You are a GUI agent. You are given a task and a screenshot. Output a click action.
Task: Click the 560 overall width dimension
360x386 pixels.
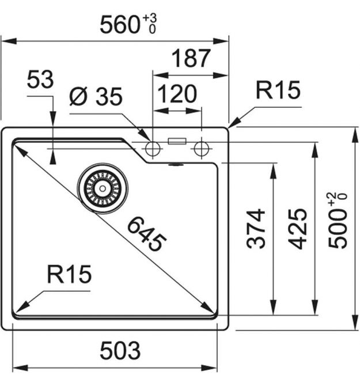pyautogui.click(x=119, y=25)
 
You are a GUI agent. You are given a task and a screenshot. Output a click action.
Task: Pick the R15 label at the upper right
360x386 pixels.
pyautogui.click(x=278, y=90)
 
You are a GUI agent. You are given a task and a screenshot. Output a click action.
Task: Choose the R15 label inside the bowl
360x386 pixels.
pyautogui.click(x=69, y=276)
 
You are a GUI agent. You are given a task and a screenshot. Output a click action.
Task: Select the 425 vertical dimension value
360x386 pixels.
pyautogui.click(x=297, y=229)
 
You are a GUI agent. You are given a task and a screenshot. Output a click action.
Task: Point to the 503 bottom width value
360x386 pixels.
pyautogui.click(x=120, y=349)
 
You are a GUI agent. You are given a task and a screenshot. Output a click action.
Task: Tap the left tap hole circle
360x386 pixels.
pyautogui.click(x=153, y=149)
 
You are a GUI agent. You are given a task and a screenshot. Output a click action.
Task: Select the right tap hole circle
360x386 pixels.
pyautogui.click(x=201, y=149)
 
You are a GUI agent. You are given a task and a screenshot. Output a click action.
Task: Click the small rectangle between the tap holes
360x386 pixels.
pyautogui.click(x=176, y=140)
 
